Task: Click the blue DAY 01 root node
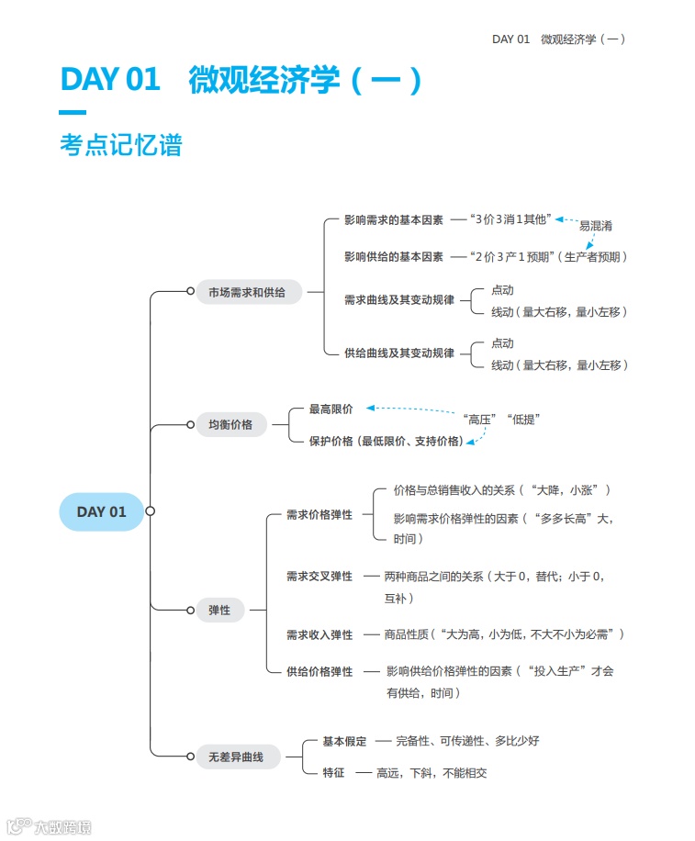click(101, 511)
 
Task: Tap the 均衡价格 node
click(230, 425)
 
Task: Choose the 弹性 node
click(219, 610)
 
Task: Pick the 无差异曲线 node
click(237, 757)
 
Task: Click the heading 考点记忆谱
click(120, 145)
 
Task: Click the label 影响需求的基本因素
click(393, 220)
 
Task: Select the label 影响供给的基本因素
click(393, 257)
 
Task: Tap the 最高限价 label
click(331, 409)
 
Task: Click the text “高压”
click(481, 420)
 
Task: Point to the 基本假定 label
click(344, 741)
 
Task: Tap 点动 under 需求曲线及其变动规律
click(502, 290)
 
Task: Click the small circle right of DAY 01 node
click(151, 511)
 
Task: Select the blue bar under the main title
click(73, 113)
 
